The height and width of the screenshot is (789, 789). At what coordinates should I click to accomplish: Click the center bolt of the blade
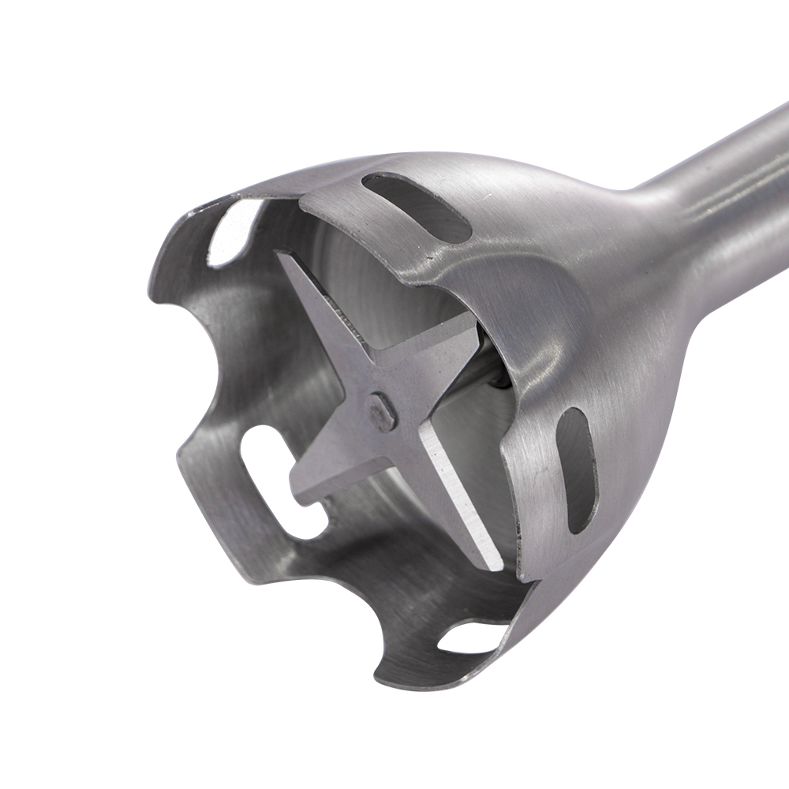click(x=383, y=411)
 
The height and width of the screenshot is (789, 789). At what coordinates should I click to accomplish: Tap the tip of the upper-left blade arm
click(x=282, y=256)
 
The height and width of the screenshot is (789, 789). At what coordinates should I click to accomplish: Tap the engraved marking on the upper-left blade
click(x=347, y=316)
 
